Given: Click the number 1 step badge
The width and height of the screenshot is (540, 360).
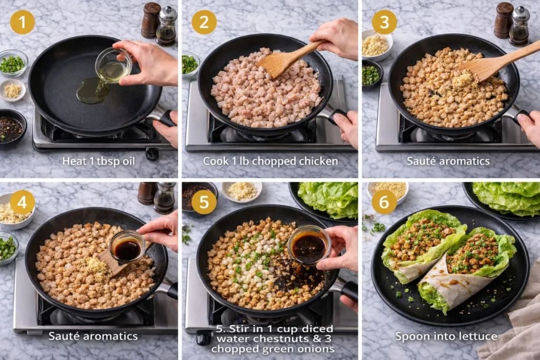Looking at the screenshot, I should (22, 22).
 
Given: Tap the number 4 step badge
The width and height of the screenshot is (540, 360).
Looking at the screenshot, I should (22, 202).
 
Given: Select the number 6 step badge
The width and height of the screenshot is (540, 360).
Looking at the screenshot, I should (384, 202).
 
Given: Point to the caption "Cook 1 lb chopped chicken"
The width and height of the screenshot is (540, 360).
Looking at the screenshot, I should (271, 161).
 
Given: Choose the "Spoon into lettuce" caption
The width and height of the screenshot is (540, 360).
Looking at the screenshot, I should (446, 336).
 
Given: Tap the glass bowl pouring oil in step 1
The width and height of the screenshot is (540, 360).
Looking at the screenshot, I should (113, 65).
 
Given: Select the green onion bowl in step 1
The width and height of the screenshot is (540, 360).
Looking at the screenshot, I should (13, 64).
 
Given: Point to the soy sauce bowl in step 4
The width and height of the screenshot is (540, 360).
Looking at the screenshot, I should (127, 247).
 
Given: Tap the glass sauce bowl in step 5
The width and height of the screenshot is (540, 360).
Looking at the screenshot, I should (308, 245).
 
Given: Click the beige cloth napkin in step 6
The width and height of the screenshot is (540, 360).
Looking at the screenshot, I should (514, 322).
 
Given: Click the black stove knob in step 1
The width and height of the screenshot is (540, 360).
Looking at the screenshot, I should (152, 154).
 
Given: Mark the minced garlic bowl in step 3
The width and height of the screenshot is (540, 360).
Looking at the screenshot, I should (375, 45).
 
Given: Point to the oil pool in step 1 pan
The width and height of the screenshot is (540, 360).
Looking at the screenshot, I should (92, 91).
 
